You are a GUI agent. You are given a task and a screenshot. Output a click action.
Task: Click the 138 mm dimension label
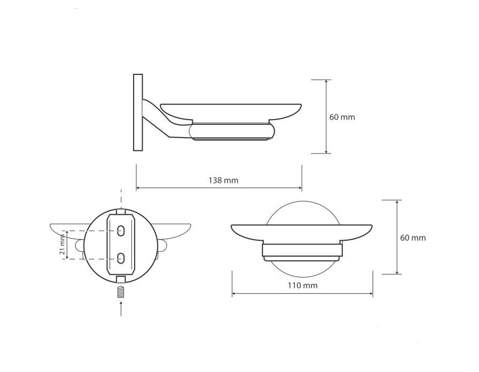point(224,180)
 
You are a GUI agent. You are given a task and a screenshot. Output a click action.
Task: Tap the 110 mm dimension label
point(302,285)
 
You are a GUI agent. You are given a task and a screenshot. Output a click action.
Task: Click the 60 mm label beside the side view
point(342,117)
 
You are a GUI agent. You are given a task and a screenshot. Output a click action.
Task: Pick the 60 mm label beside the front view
point(413,238)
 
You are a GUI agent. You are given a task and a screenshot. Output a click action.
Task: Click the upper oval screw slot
point(121,231)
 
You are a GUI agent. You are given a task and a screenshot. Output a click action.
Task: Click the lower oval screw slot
point(121,258)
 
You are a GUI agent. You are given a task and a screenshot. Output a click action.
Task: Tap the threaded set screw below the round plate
point(121,292)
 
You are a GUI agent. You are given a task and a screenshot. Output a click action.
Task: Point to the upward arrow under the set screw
point(121,308)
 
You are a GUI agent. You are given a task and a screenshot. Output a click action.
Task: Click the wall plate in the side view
point(138,112)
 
